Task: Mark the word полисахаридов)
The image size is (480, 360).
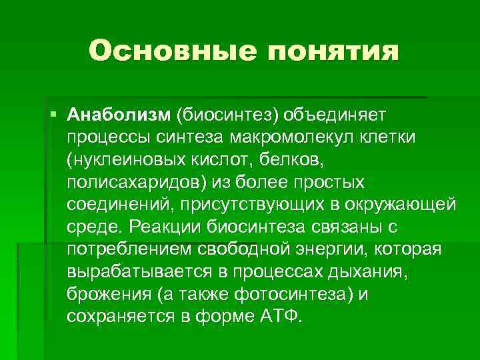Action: tap(135, 182)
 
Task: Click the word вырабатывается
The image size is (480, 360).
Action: tap(137, 271)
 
